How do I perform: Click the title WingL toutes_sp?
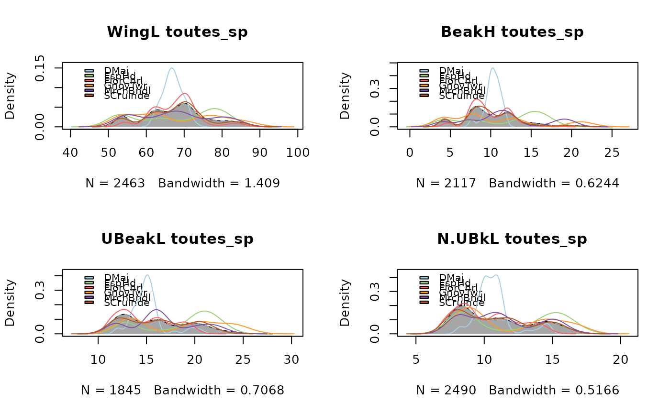(x=177, y=32)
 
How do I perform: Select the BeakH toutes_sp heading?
(x=512, y=32)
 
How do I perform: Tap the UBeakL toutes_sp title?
(x=177, y=239)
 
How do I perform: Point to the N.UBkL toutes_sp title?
(x=512, y=239)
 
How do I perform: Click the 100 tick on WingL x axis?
(x=298, y=153)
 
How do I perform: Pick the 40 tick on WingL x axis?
(x=71, y=153)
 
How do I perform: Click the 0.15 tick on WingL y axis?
(x=40, y=68)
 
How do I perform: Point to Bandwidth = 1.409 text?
(x=219, y=183)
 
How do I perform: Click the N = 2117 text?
(x=446, y=183)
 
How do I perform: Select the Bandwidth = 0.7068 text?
(x=219, y=391)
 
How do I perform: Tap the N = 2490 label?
(x=446, y=391)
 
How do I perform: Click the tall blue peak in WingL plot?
(x=171, y=68)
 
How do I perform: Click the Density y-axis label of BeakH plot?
(x=345, y=96)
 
